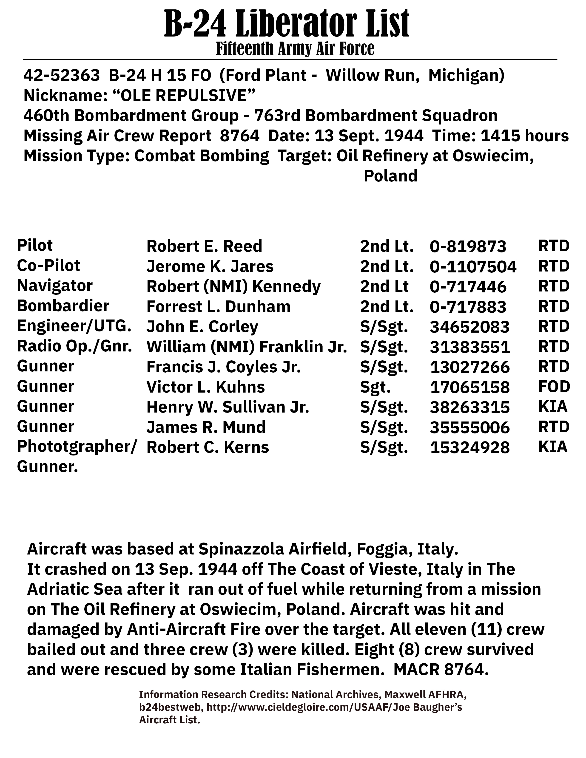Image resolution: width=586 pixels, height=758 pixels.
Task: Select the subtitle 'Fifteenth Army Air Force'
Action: (295, 49)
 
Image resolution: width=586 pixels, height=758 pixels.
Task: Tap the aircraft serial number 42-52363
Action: (61, 76)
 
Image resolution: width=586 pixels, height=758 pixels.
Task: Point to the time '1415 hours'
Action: (525, 136)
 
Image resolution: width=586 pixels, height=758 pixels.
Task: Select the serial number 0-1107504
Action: (473, 266)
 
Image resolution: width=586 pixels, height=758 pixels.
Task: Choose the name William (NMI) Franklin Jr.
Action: (247, 347)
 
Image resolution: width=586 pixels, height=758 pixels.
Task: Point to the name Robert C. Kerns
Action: (208, 447)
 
